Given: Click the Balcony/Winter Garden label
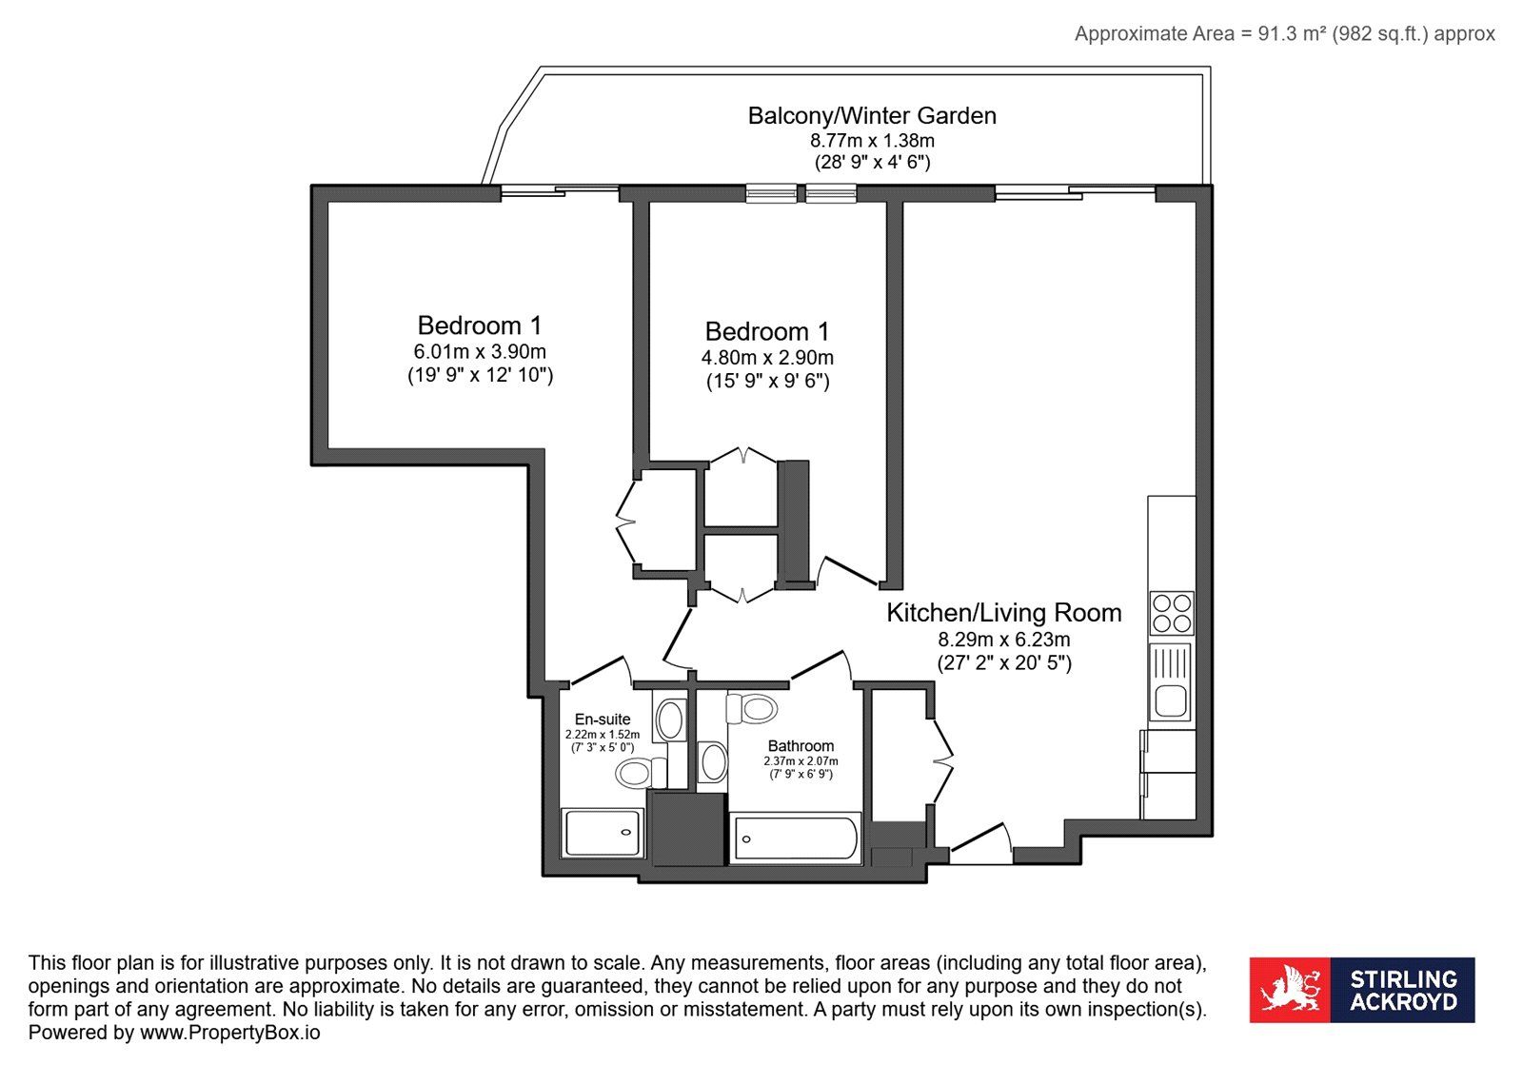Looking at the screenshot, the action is coord(872,115).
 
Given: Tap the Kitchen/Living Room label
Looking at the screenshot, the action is coord(1003,613).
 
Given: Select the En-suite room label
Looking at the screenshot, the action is coord(603,720).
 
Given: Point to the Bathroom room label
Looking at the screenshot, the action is coord(801,745).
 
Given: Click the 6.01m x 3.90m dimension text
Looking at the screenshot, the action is coord(480,351).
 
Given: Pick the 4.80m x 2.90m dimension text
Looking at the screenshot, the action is coord(767,358).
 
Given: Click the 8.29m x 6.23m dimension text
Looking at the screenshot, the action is coord(1004,640).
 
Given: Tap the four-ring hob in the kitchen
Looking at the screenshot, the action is coord(1172,613).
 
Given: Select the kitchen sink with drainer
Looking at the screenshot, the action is coord(1170,682).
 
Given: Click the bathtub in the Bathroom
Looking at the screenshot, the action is coord(796,838).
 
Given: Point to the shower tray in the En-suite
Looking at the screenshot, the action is coord(603,833).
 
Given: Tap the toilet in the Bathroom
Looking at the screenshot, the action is coord(752,708).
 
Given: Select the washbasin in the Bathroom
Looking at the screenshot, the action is coord(713,762).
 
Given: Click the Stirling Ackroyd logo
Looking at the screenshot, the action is coord(1362,990).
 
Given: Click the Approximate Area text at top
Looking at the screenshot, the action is coord(1284,33).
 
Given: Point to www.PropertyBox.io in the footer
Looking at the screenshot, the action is coord(229,1033).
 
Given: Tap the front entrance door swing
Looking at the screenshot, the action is coord(981,842).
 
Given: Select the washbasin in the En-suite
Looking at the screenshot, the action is coord(670,720).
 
